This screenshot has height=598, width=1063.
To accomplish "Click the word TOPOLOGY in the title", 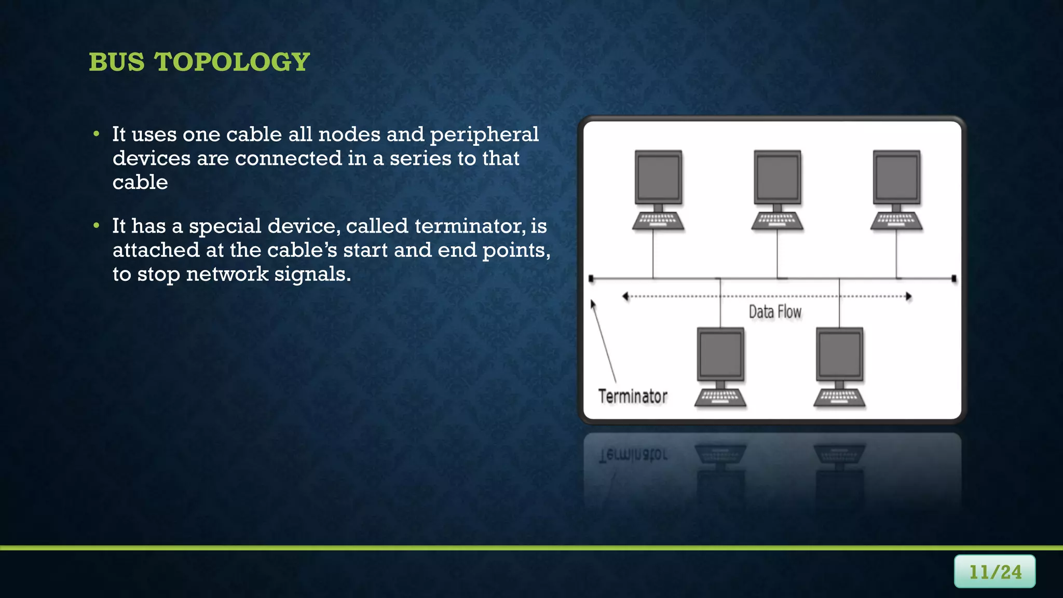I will pyautogui.click(x=232, y=62).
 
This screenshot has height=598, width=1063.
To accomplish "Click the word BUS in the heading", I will pyautogui.click(x=117, y=62).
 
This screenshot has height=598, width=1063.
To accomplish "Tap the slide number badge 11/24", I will pyautogui.click(x=994, y=572).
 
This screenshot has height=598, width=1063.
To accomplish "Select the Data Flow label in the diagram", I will pyautogui.click(x=775, y=312).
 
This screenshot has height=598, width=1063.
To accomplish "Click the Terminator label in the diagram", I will pyautogui.click(x=633, y=397).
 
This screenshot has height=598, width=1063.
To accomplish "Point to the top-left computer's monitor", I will pyautogui.click(x=658, y=178).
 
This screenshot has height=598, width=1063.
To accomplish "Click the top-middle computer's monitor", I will pyautogui.click(x=777, y=178).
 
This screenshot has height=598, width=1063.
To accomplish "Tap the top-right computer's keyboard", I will pyautogui.click(x=896, y=221).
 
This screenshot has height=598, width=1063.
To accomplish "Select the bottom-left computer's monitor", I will pyautogui.click(x=720, y=355).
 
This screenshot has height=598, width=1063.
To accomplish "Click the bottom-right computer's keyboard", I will pyautogui.click(x=839, y=398).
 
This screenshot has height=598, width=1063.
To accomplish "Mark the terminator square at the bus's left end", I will pyautogui.click(x=591, y=279).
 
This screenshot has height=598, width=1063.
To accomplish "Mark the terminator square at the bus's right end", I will pyautogui.click(x=954, y=279).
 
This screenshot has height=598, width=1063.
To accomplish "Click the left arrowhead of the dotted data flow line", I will pyautogui.click(x=625, y=296).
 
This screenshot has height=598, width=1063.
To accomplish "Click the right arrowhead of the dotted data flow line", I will pyautogui.click(x=908, y=296).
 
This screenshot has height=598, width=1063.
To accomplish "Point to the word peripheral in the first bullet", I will pyautogui.click(x=484, y=135).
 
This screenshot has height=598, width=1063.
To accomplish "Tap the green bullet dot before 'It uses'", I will pyautogui.click(x=96, y=134).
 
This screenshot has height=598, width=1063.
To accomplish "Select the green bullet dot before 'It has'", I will pyautogui.click(x=96, y=226).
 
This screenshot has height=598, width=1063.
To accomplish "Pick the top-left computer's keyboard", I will pyautogui.click(x=658, y=221).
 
